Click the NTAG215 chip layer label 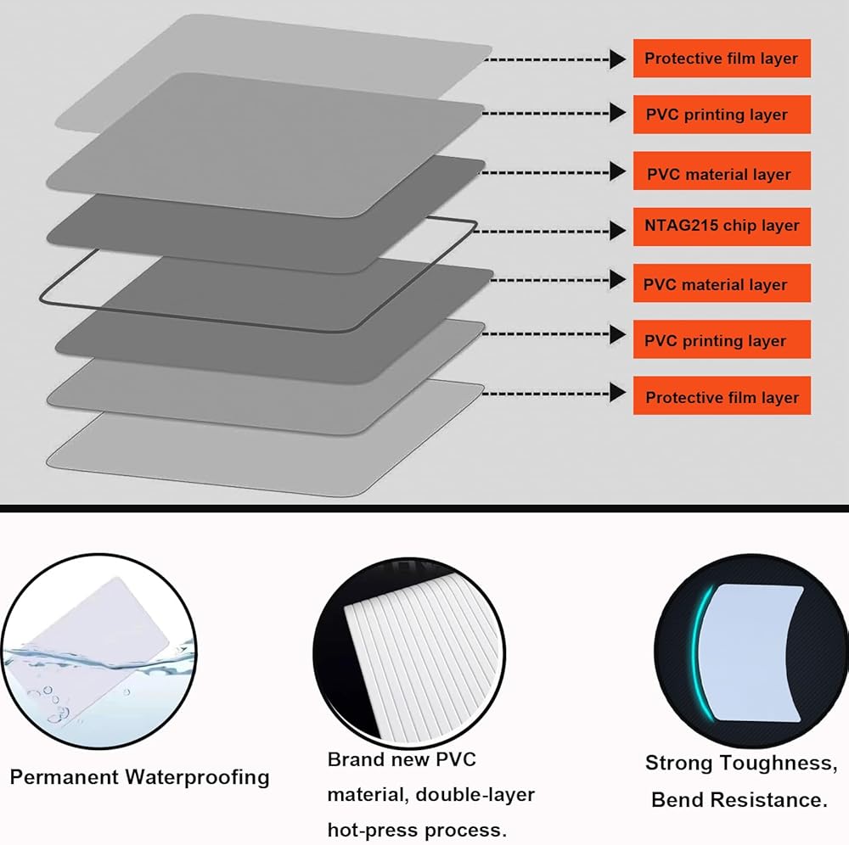pos(722,227)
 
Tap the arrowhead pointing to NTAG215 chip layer pos(618,230)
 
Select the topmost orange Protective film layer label pos(722,59)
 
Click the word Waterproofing pos(197,777)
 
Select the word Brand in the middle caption pos(354,759)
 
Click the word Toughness pos(779,764)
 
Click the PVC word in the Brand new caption pos(455,759)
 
